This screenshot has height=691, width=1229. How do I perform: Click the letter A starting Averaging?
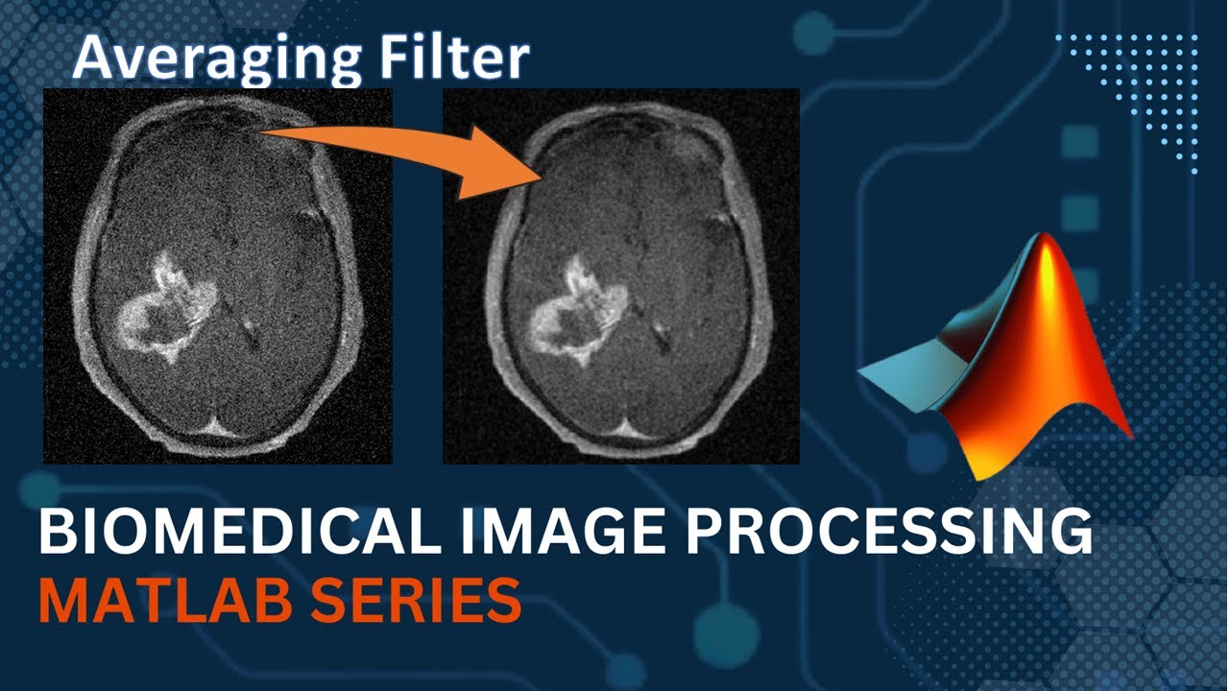(90, 60)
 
